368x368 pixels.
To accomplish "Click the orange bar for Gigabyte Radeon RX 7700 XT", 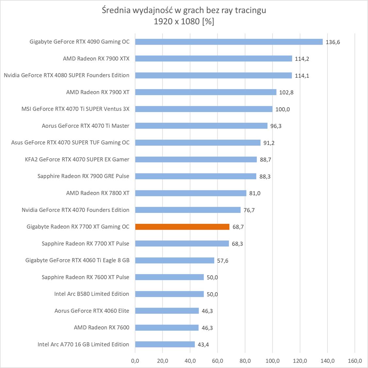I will click(x=182, y=227).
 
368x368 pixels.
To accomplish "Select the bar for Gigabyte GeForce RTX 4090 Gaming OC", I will click(x=229, y=42).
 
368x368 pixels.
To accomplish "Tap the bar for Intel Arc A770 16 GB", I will click(x=165, y=344).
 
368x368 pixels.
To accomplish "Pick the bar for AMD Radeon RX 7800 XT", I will click(x=191, y=193).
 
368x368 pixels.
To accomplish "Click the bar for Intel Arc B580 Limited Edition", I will click(x=169, y=294).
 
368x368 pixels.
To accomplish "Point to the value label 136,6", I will click(x=333, y=42).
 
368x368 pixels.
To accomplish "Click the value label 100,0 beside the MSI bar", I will click(x=282, y=109).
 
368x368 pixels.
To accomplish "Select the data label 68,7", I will click(x=238, y=227).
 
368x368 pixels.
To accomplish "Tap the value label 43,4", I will click(x=203, y=345).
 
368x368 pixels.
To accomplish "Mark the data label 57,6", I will click(x=223, y=261).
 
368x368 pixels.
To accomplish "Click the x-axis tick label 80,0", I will click(x=245, y=361).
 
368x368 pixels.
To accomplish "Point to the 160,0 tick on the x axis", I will click(x=355, y=361).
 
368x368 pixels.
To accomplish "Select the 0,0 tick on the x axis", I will click(x=135, y=361).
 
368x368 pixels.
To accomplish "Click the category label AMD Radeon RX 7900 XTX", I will click(x=96, y=59).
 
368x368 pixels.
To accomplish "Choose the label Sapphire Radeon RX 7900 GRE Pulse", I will click(x=83, y=176).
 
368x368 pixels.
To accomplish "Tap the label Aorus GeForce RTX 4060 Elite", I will click(x=92, y=311).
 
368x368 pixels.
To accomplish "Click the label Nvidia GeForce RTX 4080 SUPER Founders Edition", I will click(x=67, y=75).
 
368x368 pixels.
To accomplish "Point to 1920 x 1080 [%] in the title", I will click(x=184, y=22).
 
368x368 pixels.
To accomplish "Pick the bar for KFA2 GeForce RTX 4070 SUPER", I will click(x=196, y=159).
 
